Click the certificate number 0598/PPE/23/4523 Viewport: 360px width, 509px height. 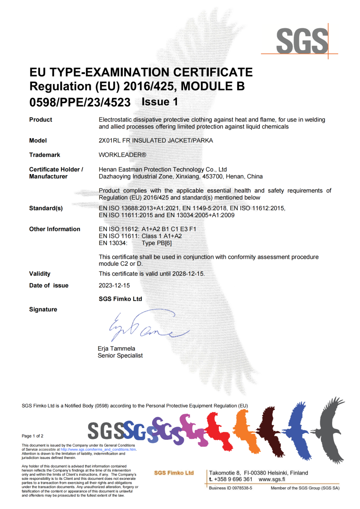point(80,102)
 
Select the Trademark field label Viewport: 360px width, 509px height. point(44,155)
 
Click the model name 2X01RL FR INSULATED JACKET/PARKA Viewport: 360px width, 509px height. point(156,141)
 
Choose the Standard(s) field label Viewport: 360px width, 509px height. point(46,208)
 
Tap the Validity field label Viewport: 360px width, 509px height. point(40,274)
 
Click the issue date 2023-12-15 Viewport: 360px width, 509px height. point(114,286)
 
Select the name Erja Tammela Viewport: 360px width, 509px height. point(117,348)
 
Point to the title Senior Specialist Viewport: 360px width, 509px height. point(120,355)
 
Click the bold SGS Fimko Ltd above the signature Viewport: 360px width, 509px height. point(121,299)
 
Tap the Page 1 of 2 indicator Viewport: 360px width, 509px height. point(33,436)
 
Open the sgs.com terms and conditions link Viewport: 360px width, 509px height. point(98,449)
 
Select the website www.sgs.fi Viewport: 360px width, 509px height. point(272,479)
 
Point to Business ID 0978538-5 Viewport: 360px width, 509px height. point(231,488)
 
